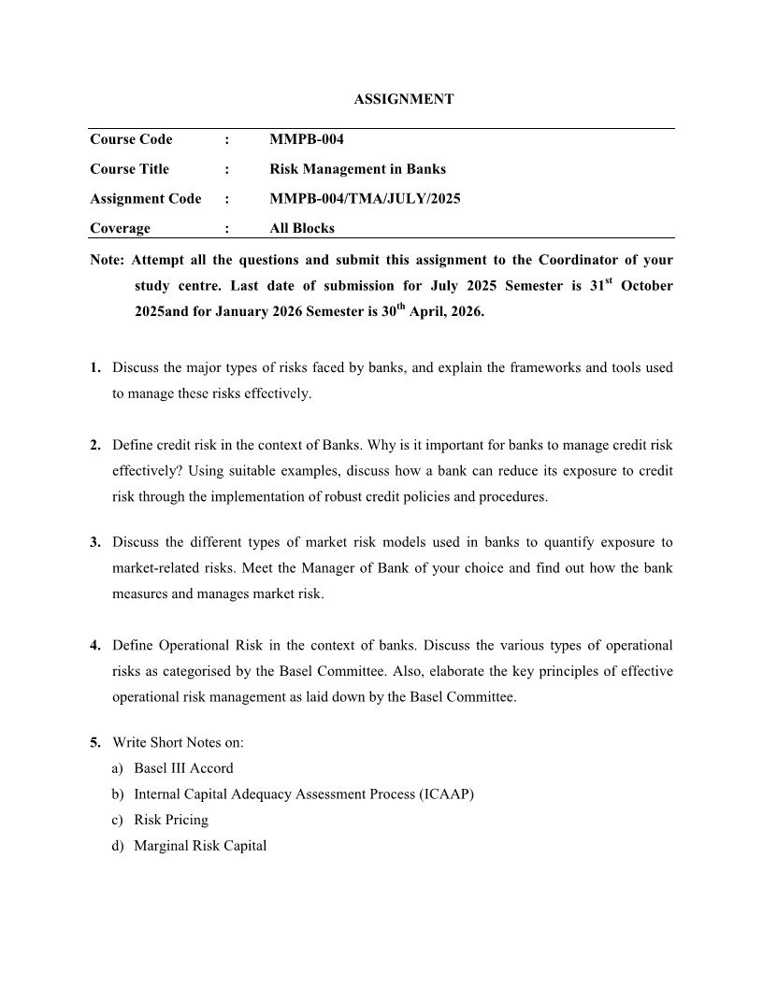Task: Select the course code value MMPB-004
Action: (x=307, y=139)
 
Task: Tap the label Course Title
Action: (x=129, y=169)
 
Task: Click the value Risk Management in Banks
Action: (x=357, y=169)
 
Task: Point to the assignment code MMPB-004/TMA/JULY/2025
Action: (x=365, y=198)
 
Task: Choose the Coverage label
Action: (x=120, y=227)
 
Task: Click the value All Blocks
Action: (x=301, y=227)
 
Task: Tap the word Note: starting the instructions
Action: (x=106, y=259)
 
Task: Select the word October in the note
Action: (x=646, y=286)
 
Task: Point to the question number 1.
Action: (x=95, y=368)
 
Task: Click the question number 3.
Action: (x=95, y=542)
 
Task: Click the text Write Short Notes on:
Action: (x=179, y=742)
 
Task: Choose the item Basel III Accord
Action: (x=183, y=768)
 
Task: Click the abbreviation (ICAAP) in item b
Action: (x=440, y=794)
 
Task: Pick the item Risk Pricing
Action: (x=171, y=820)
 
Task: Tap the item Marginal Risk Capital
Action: (x=200, y=846)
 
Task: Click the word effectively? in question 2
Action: (x=147, y=470)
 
